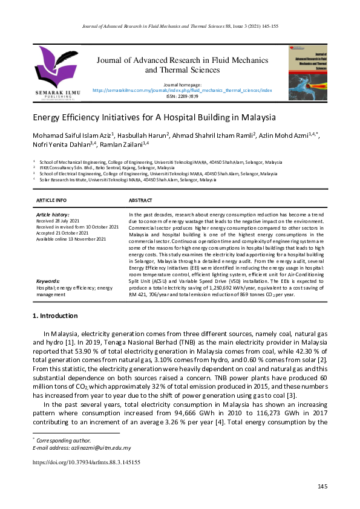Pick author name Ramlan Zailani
tap(122, 144)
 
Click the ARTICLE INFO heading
tap(51, 199)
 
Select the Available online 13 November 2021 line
tap(71, 239)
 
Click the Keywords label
tap(48, 282)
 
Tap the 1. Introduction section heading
tap(54, 316)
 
